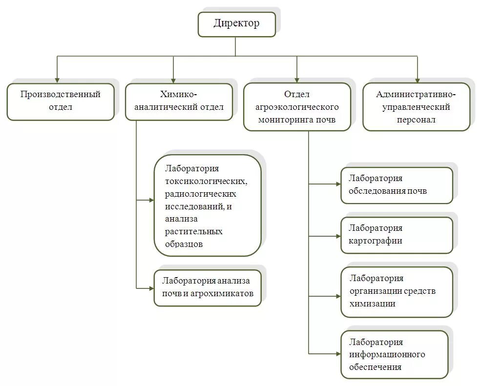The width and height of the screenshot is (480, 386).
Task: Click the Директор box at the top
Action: (236, 24)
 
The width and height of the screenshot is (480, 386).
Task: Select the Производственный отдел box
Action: (61, 101)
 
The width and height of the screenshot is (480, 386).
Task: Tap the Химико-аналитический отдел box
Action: (179, 101)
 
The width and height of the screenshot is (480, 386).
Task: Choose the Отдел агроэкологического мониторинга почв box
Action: (297, 106)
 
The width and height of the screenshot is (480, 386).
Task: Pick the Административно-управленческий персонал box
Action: (416, 106)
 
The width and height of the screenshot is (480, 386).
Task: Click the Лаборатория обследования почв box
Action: (397, 185)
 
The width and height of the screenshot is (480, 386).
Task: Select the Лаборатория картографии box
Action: (397, 235)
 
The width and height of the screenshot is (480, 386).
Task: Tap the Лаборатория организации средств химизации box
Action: (397, 291)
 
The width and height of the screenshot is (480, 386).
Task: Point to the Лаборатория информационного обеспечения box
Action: (394, 354)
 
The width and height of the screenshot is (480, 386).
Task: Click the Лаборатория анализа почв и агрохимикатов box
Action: (208, 288)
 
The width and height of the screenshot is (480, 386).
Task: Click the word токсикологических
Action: (206, 182)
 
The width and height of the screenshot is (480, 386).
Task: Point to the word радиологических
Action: (201, 194)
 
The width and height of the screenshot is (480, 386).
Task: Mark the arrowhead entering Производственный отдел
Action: (58, 79)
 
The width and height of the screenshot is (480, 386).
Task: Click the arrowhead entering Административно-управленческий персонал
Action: (417, 79)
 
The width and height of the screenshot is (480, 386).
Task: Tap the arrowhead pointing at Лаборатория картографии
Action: (337, 236)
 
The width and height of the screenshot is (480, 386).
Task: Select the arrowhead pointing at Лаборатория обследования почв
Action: (337, 184)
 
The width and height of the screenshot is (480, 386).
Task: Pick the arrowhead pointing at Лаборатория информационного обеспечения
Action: (337, 353)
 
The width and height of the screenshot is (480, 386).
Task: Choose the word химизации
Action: (373, 304)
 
